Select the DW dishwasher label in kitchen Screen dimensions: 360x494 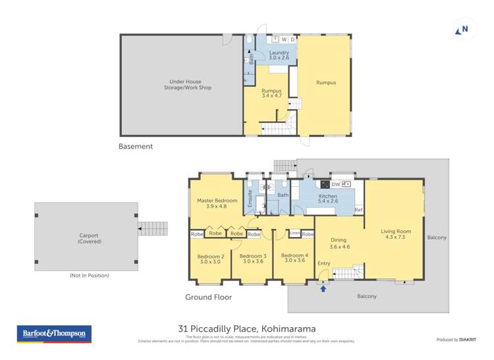[x=335, y=184]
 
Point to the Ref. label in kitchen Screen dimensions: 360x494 [x=359, y=210]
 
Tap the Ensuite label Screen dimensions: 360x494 [x=250, y=200]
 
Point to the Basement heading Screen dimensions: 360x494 [x=136, y=147]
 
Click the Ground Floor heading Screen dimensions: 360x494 [x=209, y=297]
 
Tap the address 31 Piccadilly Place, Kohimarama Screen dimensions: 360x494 [x=247, y=328]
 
